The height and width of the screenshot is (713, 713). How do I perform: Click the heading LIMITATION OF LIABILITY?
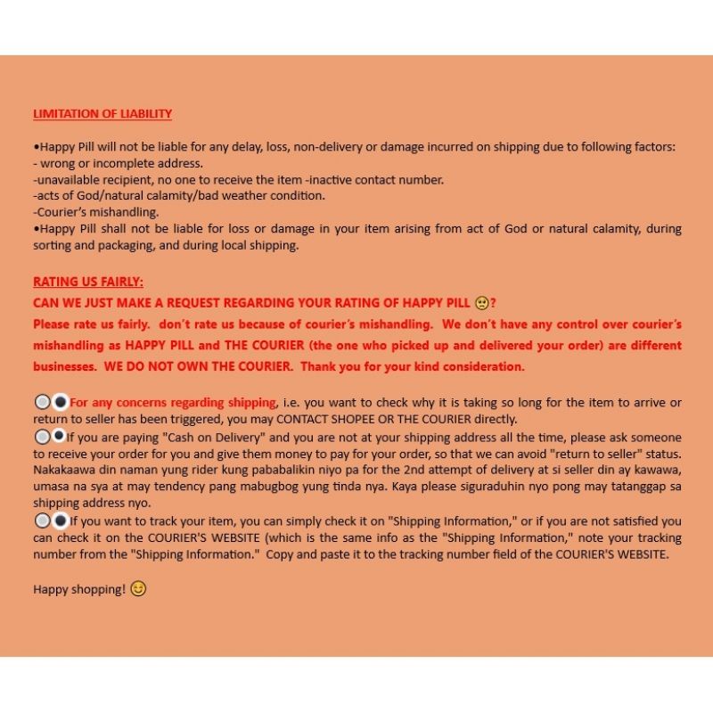[x=102, y=114]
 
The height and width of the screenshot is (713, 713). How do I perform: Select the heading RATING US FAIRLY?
[x=87, y=282]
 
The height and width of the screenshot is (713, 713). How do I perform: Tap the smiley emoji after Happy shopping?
[x=138, y=589]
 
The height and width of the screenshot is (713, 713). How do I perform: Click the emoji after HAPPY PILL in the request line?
[x=480, y=303]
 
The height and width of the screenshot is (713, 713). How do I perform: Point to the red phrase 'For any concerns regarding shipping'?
[x=173, y=403]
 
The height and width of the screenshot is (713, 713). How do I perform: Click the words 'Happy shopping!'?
[x=79, y=589]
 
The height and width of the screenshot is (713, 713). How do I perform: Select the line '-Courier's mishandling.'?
[x=95, y=212]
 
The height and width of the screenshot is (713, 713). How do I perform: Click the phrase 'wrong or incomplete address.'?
[x=121, y=163]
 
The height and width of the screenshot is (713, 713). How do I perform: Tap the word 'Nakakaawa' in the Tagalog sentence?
[x=66, y=471]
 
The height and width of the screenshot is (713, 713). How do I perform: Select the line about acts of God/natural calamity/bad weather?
[x=179, y=195]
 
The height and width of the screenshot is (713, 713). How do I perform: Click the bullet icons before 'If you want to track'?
[x=51, y=521]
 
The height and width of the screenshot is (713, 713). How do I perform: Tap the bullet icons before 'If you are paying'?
[x=51, y=438]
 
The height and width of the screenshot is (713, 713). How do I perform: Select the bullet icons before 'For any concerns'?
[x=51, y=403]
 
